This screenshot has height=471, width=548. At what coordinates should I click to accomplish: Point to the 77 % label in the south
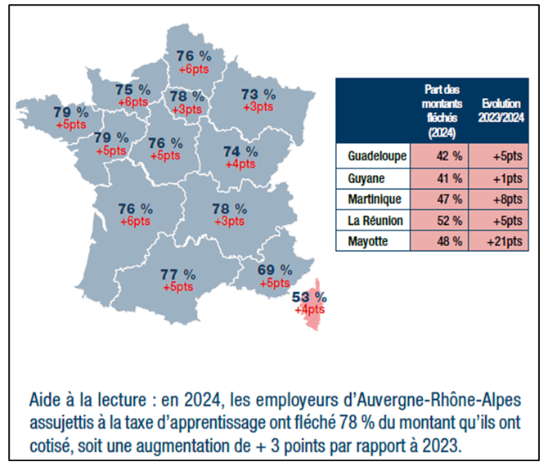[177, 275]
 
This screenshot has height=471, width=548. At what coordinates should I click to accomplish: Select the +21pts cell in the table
[498, 241]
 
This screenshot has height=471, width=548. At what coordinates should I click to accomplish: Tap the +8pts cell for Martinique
[498, 199]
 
